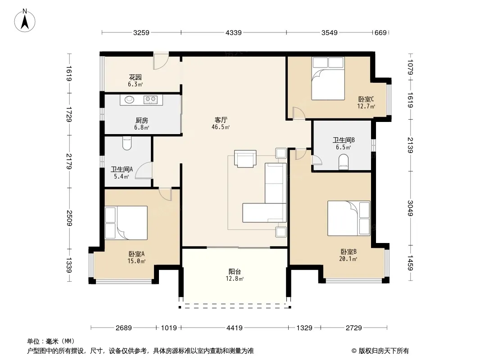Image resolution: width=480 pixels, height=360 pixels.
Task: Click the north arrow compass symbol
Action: pyautogui.click(x=25, y=21)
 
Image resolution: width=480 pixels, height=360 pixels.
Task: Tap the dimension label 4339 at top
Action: pyautogui.click(x=234, y=32)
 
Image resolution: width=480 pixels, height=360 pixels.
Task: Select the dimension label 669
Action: pyautogui.click(x=380, y=32)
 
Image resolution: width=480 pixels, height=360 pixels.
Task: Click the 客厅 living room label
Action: pyautogui.click(x=221, y=120)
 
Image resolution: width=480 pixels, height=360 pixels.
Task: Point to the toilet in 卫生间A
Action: pyautogui.click(x=127, y=143)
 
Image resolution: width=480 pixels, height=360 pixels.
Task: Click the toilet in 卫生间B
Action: pyautogui.click(x=344, y=162)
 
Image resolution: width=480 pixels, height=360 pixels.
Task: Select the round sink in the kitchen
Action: pyautogui.click(x=130, y=99)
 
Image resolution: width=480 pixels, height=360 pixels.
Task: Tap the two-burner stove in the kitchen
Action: pyautogui.click(x=150, y=99)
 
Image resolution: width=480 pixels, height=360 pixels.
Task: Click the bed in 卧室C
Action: pyautogui.click(x=328, y=78)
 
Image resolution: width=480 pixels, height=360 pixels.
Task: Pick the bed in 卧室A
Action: pyautogui.click(x=126, y=223)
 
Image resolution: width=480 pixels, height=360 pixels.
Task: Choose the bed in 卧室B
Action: pyautogui.click(x=349, y=218)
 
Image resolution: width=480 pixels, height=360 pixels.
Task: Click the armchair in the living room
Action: pyautogui.click(x=245, y=158)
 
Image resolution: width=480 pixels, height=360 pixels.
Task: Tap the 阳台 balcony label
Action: pyautogui.click(x=235, y=272)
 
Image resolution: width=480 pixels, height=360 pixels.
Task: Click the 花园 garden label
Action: pyautogui.click(x=135, y=77)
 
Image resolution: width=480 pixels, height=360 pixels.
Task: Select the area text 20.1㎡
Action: pyautogui.click(x=348, y=259)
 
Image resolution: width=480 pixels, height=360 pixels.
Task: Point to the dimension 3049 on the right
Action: pyautogui.click(x=411, y=208)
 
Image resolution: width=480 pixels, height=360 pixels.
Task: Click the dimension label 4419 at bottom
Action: pyautogui.click(x=235, y=328)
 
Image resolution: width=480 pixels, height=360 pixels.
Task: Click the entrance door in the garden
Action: pyautogui.click(x=161, y=61)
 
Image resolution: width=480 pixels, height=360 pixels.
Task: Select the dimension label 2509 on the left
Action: pyautogui.click(x=69, y=218)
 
